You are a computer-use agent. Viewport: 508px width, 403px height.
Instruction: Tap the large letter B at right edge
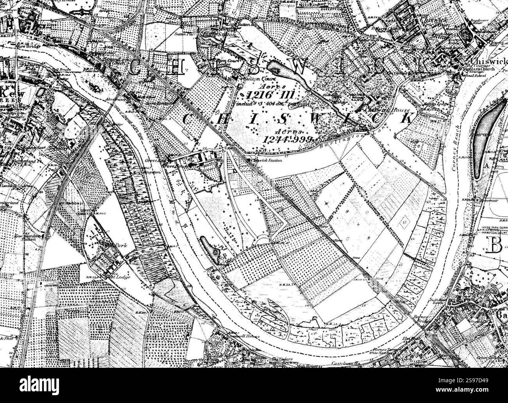(x=495, y=245)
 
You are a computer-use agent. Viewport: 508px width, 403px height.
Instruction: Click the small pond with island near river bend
(x=209, y=249)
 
